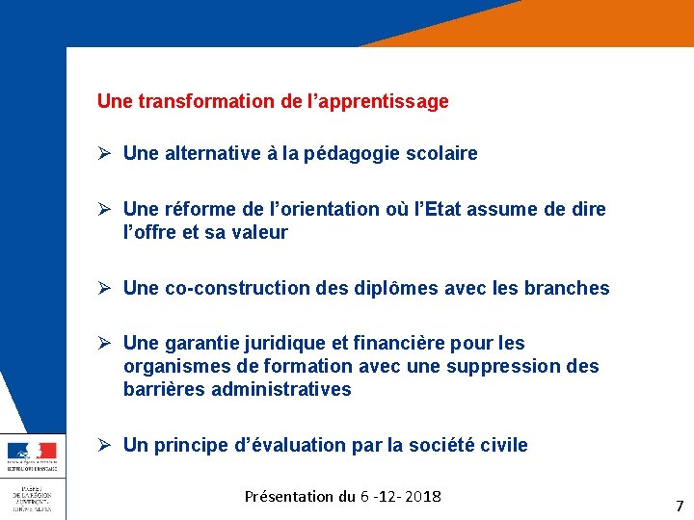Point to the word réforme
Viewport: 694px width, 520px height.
click(x=199, y=209)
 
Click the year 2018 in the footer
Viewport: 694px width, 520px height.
click(x=422, y=497)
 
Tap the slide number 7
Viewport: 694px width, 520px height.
click(x=680, y=506)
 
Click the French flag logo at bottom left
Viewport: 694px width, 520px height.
click(x=32, y=451)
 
